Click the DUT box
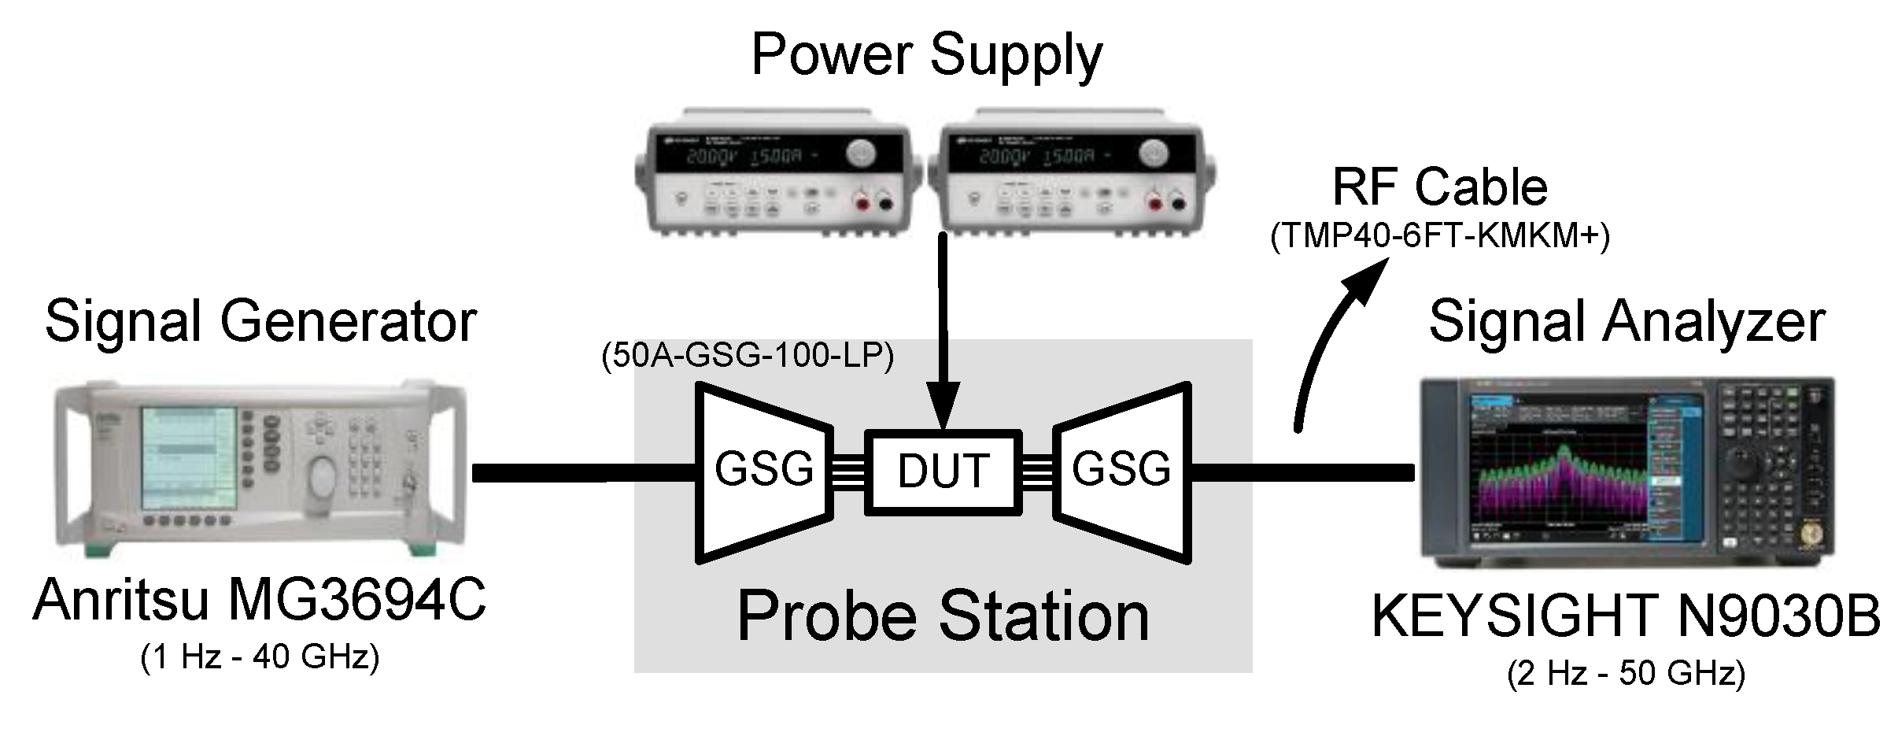coord(943,472)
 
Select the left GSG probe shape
coord(763,472)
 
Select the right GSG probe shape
coord(1121,472)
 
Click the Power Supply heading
coord(926,55)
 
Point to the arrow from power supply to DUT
coord(943,331)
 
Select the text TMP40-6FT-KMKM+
coord(1439,236)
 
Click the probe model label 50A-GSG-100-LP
coord(748,357)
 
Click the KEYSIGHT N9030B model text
coord(1626,616)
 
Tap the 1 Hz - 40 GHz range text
coord(260,657)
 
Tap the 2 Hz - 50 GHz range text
coord(1626,675)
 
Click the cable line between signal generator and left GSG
coord(582,472)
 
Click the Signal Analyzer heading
coord(1626,321)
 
